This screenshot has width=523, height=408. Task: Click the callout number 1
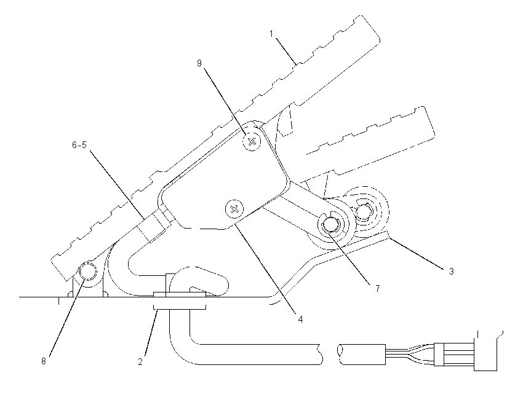[x=271, y=34]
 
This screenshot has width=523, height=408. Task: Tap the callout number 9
[x=199, y=63]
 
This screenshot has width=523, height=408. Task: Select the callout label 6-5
[x=79, y=145]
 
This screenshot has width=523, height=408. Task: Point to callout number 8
[x=43, y=361]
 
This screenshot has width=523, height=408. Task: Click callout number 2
[x=140, y=362]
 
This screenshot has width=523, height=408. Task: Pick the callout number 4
[x=300, y=320]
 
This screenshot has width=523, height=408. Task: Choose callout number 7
[x=378, y=289]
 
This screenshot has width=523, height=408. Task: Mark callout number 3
[x=451, y=272]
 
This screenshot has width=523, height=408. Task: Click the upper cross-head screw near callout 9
[x=252, y=141]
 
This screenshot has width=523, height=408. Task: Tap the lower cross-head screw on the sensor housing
[x=234, y=210]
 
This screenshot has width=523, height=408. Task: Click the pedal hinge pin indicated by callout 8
[x=88, y=270]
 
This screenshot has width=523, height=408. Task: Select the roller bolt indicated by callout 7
[x=330, y=224]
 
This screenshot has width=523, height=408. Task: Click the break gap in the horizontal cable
[x=331, y=355]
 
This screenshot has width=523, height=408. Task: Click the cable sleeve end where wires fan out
[x=386, y=355]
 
